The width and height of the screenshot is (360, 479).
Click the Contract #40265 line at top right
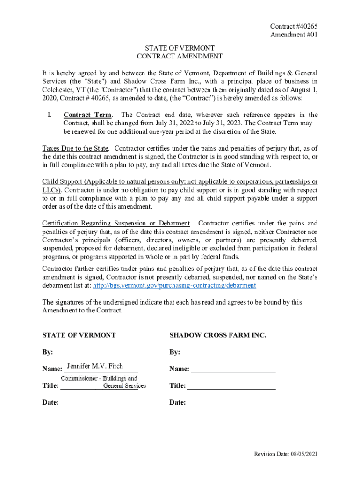tap(290, 27)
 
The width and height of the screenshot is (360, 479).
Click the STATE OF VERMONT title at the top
tap(180, 48)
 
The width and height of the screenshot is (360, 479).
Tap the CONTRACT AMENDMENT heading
tap(180, 57)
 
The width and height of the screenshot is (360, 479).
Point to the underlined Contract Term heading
tap(88, 115)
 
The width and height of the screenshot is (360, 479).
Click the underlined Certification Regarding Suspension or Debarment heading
tap(116, 223)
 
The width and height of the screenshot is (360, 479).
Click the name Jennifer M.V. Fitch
tap(95, 366)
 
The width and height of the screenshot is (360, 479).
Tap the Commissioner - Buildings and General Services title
tap(104, 382)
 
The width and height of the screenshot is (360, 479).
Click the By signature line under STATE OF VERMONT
tap(97, 352)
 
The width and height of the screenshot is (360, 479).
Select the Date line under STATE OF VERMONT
tap(101, 402)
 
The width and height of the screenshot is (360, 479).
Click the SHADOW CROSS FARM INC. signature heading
tap(217, 335)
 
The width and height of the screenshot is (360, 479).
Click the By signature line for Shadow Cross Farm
tap(229, 352)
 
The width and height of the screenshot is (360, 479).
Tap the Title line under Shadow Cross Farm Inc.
tap(231, 386)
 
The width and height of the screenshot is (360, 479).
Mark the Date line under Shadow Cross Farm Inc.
tap(231, 402)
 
